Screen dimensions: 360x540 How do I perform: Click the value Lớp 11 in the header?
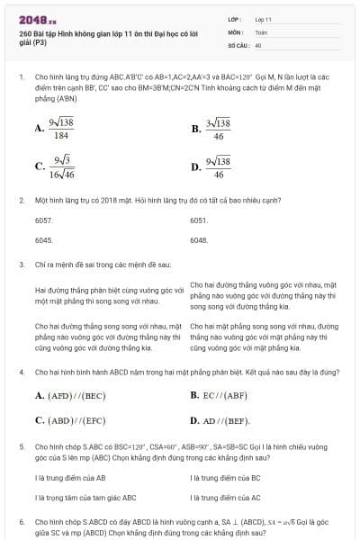263,18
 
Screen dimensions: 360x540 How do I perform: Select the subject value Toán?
261,31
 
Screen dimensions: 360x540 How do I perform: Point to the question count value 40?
258,44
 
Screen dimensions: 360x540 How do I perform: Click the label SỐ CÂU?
237,44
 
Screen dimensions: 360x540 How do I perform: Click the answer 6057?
43,220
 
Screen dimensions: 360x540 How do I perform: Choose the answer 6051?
199,220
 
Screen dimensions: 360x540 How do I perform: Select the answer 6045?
43,240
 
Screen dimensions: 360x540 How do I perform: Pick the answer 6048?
199,240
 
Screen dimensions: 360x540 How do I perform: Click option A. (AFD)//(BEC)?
65,395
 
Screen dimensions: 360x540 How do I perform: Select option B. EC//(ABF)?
220,395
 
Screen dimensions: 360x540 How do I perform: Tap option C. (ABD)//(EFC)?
65,419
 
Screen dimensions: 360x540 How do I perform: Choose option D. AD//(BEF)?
220,419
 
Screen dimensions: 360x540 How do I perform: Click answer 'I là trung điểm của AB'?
70,478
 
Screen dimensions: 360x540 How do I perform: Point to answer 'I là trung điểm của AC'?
226,497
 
